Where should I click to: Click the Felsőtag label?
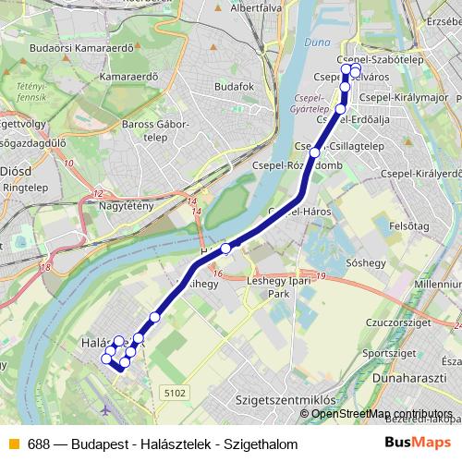click(x=410, y=225)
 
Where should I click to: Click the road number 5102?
click(x=175, y=392)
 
